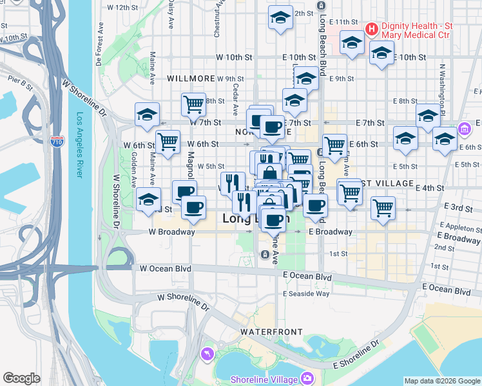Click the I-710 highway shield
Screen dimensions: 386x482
58,142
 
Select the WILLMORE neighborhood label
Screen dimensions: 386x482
191,78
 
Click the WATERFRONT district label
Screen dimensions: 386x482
271,331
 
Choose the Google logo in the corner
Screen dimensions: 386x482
21,378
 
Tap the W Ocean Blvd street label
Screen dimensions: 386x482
166,268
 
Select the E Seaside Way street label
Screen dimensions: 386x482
307,293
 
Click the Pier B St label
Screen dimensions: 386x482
20,82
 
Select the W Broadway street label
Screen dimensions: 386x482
171,232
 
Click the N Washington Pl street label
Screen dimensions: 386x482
443,84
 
